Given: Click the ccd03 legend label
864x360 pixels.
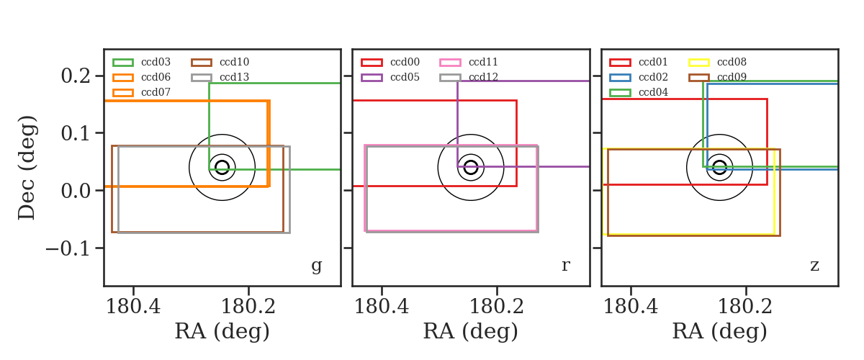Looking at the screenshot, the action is (156, 62).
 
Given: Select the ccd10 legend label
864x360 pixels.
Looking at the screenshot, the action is (234, 62).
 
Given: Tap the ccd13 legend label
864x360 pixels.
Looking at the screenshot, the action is (234, 77).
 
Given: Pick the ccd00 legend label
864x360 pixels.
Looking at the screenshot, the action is (405, 62).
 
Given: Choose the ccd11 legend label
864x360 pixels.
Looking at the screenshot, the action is (483, 62).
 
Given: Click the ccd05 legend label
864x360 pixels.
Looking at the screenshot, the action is (405, 77).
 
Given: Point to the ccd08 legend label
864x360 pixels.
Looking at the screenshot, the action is (732, 62).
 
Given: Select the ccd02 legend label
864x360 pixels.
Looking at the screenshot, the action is (654, 77).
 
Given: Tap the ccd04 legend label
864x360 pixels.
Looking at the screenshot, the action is (654, 92).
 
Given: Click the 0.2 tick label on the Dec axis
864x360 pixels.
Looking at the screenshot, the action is (76, 76).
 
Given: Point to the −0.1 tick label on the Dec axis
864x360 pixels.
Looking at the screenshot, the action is (68, 248).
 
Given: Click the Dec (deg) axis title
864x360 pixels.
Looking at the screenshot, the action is (27, 168).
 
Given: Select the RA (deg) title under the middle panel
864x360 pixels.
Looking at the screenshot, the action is (471, 331).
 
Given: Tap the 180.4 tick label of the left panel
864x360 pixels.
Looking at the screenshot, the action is (133, 307).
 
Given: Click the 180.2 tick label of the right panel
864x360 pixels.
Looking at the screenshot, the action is (745, 307).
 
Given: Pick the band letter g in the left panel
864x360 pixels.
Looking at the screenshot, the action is (317, 266).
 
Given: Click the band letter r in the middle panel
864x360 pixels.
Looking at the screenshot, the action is (566, 265).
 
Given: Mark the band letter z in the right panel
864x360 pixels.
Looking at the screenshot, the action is (814, 266).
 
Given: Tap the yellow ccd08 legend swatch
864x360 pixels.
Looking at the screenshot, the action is (699, 63).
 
